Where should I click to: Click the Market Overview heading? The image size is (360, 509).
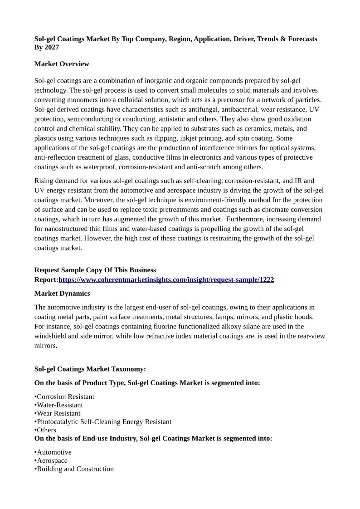(x=62, y=64)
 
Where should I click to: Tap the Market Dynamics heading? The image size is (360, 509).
(x=62, y=294)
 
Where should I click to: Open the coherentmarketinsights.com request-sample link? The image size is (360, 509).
(x=166, y=280)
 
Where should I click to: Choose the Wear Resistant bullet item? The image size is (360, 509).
(x=58, y=413)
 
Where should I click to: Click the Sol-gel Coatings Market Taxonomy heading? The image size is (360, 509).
(x=90, y=369)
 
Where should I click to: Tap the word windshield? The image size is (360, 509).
(x=52, y=336)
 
